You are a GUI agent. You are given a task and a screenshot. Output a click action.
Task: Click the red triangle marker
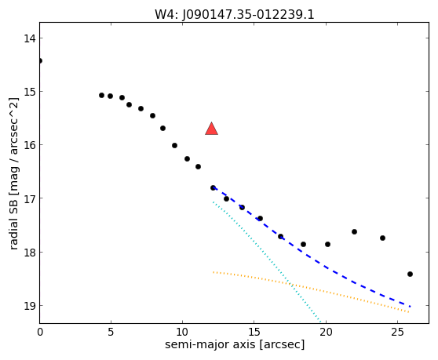[211, 129]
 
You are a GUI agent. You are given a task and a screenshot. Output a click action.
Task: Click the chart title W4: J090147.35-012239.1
[235, 15]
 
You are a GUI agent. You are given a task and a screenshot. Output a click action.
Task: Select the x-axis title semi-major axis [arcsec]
[235, 344]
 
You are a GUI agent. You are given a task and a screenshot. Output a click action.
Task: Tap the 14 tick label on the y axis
[30, 38]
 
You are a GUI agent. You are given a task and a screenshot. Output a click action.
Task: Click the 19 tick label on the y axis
[30, 306]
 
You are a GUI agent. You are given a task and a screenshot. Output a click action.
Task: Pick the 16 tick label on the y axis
[30, 145]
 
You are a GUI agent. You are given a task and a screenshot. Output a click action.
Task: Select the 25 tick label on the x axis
[397, 332]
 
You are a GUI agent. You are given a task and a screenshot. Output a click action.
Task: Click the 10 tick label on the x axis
[182, 332]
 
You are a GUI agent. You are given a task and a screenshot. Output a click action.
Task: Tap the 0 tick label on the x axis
[40, 332]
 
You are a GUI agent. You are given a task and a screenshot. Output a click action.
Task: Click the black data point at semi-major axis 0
[40, 61]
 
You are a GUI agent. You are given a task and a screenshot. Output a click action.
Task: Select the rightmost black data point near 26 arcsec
[410, 274]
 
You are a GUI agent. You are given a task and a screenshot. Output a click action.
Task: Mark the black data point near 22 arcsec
[354, 231]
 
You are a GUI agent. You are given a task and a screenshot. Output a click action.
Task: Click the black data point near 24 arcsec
[383, 238]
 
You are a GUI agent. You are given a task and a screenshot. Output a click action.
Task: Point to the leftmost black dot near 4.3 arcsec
[101, 96]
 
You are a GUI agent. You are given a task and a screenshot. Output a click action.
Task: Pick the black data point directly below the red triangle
[213, 187]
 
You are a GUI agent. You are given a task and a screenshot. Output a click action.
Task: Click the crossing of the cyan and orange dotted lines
[290, 285]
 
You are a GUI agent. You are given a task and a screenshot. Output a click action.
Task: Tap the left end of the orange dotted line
[214, 272]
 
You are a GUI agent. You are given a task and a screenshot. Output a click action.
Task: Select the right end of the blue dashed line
[410, 307]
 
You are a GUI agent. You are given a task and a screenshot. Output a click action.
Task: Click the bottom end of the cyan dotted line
[321, 322]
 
